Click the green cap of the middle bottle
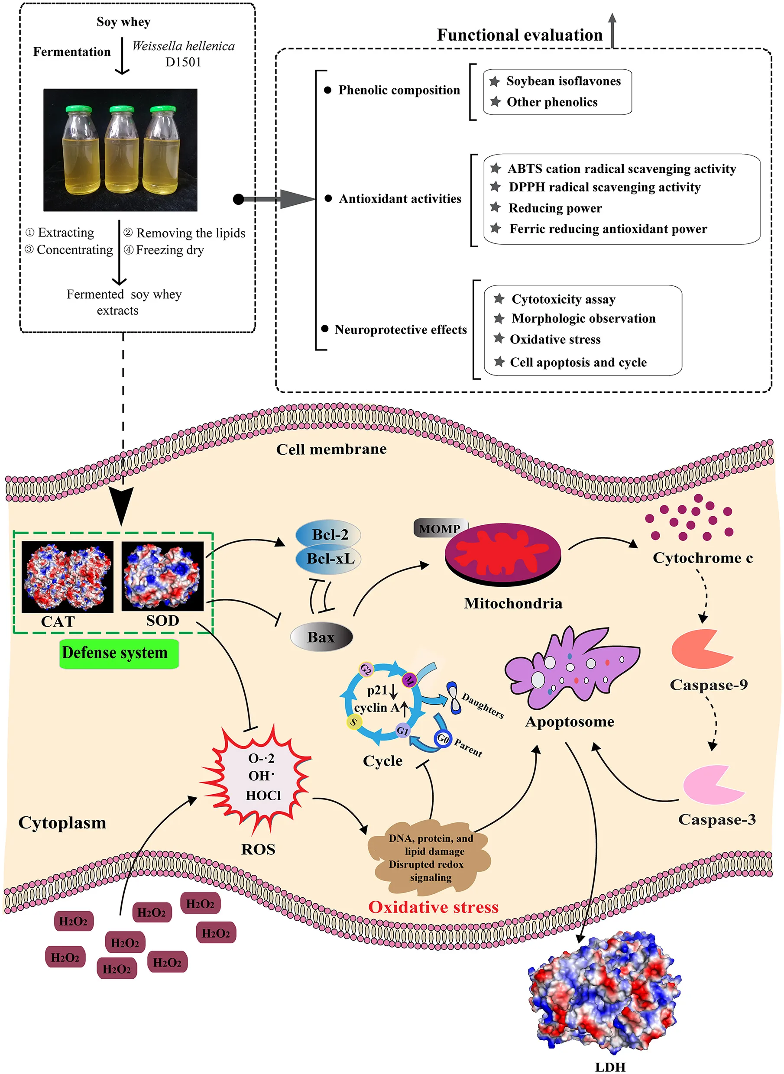[121, 109]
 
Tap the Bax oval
[321, 637]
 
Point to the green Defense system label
[119, 653]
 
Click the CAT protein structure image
[68, 577]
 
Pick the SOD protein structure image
[162, 576]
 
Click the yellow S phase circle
[353, 722]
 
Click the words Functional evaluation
[519, 35]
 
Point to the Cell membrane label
[331, 449]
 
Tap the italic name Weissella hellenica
[183, 46]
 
